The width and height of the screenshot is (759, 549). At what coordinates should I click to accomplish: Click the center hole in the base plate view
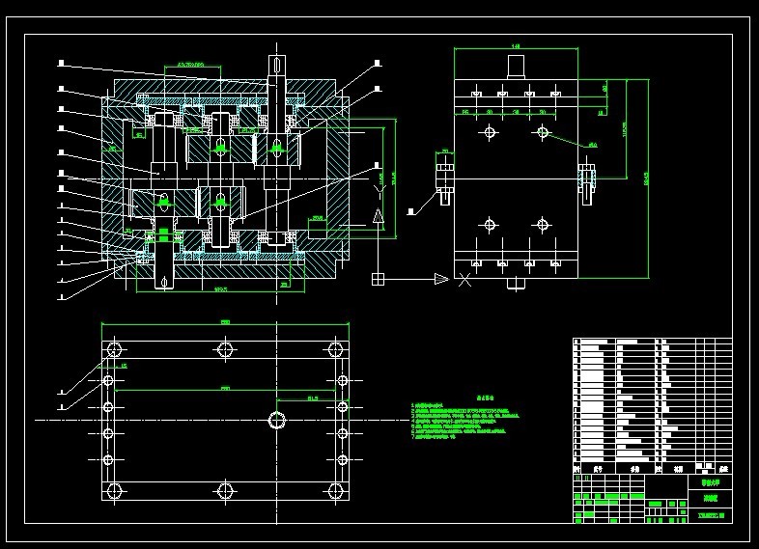[x=278, y=420]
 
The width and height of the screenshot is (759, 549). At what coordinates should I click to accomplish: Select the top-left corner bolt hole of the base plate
[x=114, y=348]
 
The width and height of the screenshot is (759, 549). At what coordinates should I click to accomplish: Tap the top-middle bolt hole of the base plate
[x=226, y=348]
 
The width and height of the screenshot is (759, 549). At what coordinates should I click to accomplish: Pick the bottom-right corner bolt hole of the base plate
[x=338, y=491]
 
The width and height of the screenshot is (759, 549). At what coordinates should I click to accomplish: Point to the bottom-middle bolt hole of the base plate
[x=226, y=491]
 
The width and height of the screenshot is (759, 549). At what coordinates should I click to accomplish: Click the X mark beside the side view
[x=464, y=280]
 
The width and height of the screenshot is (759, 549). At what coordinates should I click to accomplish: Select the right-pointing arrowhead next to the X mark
[x=440, y=279]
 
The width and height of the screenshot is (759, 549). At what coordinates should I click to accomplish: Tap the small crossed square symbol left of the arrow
[x=378, y=279]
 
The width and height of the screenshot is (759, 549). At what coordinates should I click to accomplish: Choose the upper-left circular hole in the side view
[x=490, y=132]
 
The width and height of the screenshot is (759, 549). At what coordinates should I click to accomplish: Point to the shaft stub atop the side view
[x=516, y=65]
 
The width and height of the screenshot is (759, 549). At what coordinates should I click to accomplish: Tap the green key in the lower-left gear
[x=163, y=202]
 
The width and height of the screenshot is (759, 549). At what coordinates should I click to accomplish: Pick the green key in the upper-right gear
[x=276, y=148]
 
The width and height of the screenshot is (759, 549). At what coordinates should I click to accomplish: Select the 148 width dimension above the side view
[x=516, y=45]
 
